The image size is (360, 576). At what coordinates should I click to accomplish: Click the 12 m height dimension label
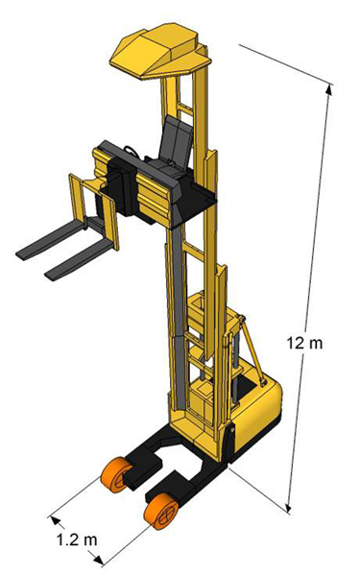[304, 343]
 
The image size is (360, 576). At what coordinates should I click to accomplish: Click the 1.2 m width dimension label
[77, 540]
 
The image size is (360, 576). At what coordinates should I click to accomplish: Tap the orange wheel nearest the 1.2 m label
[161, 511]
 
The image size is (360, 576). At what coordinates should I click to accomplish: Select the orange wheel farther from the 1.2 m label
[117, 474]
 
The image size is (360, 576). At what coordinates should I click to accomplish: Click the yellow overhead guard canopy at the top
[160, 52]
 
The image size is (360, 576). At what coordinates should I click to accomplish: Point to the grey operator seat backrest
[176, 137]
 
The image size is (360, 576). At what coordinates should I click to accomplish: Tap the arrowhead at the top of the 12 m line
[329, 89]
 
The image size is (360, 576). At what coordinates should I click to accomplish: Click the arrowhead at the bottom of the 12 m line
[289, 507]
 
